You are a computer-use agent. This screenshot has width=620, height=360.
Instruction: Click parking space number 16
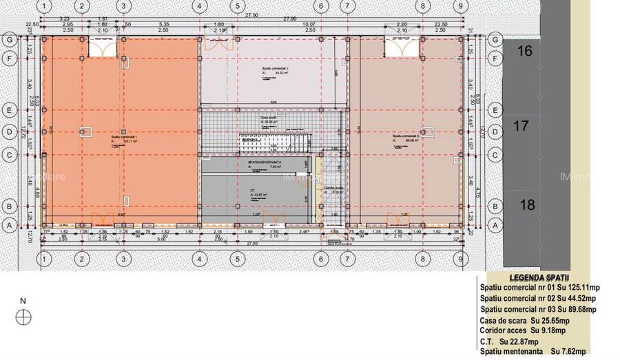tap(525, 52)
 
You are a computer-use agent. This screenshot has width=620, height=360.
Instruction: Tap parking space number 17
tap(522, 127)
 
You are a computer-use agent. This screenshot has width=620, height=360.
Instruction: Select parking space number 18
tap(527, 204)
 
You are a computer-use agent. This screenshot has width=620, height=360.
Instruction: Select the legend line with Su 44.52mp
tap(537, 299)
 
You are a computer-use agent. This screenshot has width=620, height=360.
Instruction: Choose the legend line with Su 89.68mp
tap(539, 310)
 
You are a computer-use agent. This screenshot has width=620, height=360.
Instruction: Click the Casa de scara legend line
tap(525, 321)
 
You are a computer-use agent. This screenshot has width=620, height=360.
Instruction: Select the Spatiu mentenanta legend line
tap(534, 351)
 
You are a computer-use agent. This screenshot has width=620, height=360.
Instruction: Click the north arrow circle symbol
tap(24, 316)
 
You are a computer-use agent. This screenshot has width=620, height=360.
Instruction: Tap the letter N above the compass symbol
tap(23, 301)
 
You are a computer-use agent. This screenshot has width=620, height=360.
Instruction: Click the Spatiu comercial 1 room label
tap(124, 137)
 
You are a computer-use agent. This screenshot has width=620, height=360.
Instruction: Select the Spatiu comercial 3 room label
tap(406, 136)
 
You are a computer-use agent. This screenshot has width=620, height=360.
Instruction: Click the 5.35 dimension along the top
tap(163, 23)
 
